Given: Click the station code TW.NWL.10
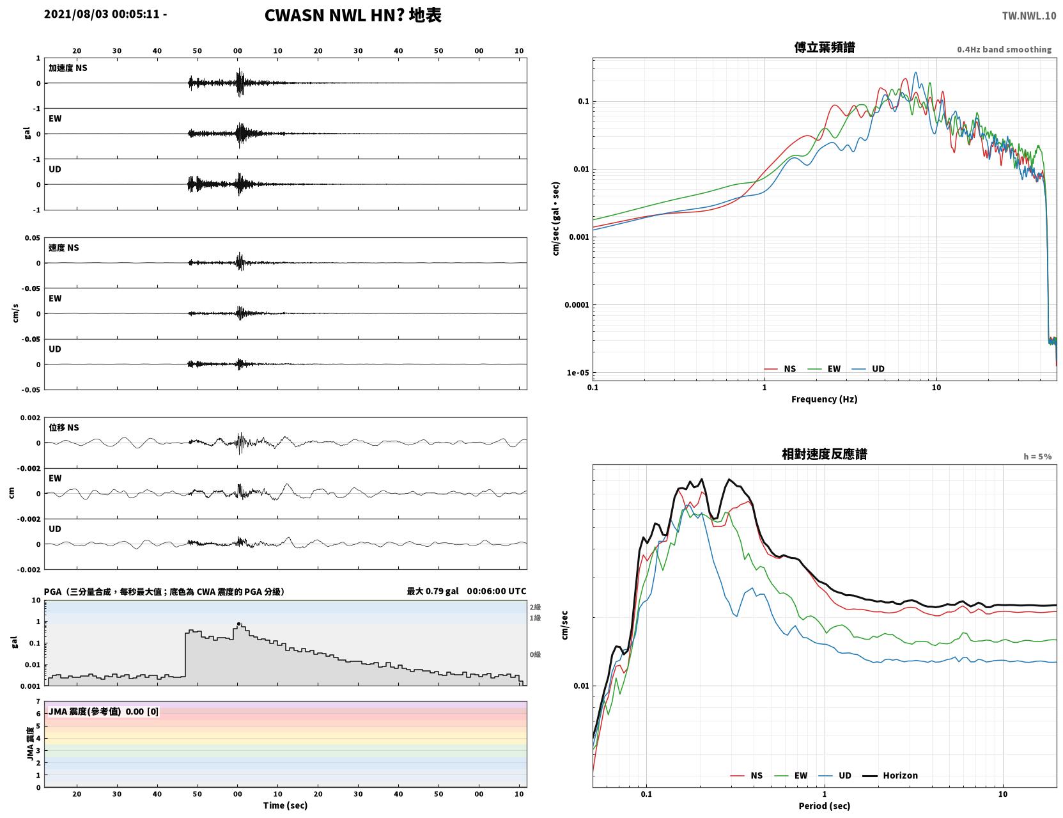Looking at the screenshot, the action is pos(1028,15).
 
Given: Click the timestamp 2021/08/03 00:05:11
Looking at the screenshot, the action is pos(102,13).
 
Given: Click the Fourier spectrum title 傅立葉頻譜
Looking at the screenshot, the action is pos(825,47).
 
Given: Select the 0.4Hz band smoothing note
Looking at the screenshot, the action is pos(1004,49).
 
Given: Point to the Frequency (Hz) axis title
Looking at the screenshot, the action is pos(825,399).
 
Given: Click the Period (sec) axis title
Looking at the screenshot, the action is pos(825,806).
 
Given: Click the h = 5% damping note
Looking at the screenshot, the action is pos(1037,457).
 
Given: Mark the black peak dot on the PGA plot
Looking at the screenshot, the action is pos(238,624).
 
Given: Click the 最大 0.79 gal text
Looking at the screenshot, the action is pos(433,591).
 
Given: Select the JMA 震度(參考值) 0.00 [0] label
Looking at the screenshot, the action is pos(103,711).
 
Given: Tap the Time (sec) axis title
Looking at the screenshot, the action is pos(285,805).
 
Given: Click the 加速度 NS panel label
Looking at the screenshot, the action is pos(68,68).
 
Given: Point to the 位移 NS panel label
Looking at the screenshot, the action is pos(63,427).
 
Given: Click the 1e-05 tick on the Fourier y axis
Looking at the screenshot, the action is pos(578,373).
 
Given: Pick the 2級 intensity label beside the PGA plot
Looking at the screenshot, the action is pos(535,607).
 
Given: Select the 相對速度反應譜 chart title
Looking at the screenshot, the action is pos(825,454).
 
